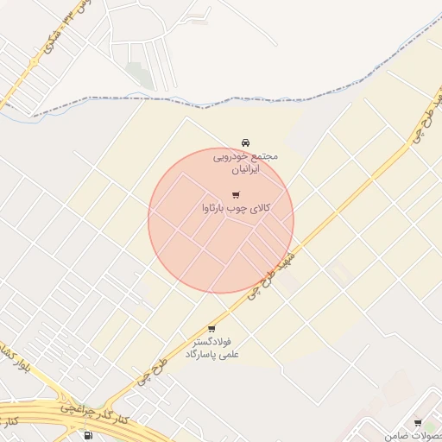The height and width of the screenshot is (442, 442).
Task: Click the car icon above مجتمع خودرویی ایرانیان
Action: (x=246, y=142)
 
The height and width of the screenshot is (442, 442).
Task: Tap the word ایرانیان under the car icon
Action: (x=246, y=170)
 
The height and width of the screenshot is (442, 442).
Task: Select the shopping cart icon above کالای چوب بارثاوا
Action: (x=236, y=195)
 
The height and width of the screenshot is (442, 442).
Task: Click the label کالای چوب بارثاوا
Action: (x=236, y=208)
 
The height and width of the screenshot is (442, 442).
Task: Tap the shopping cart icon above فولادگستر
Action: (x=212, y=329)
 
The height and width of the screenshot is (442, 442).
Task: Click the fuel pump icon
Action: (x=91, y=434)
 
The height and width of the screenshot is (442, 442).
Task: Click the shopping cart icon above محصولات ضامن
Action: (x=418, y=423)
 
